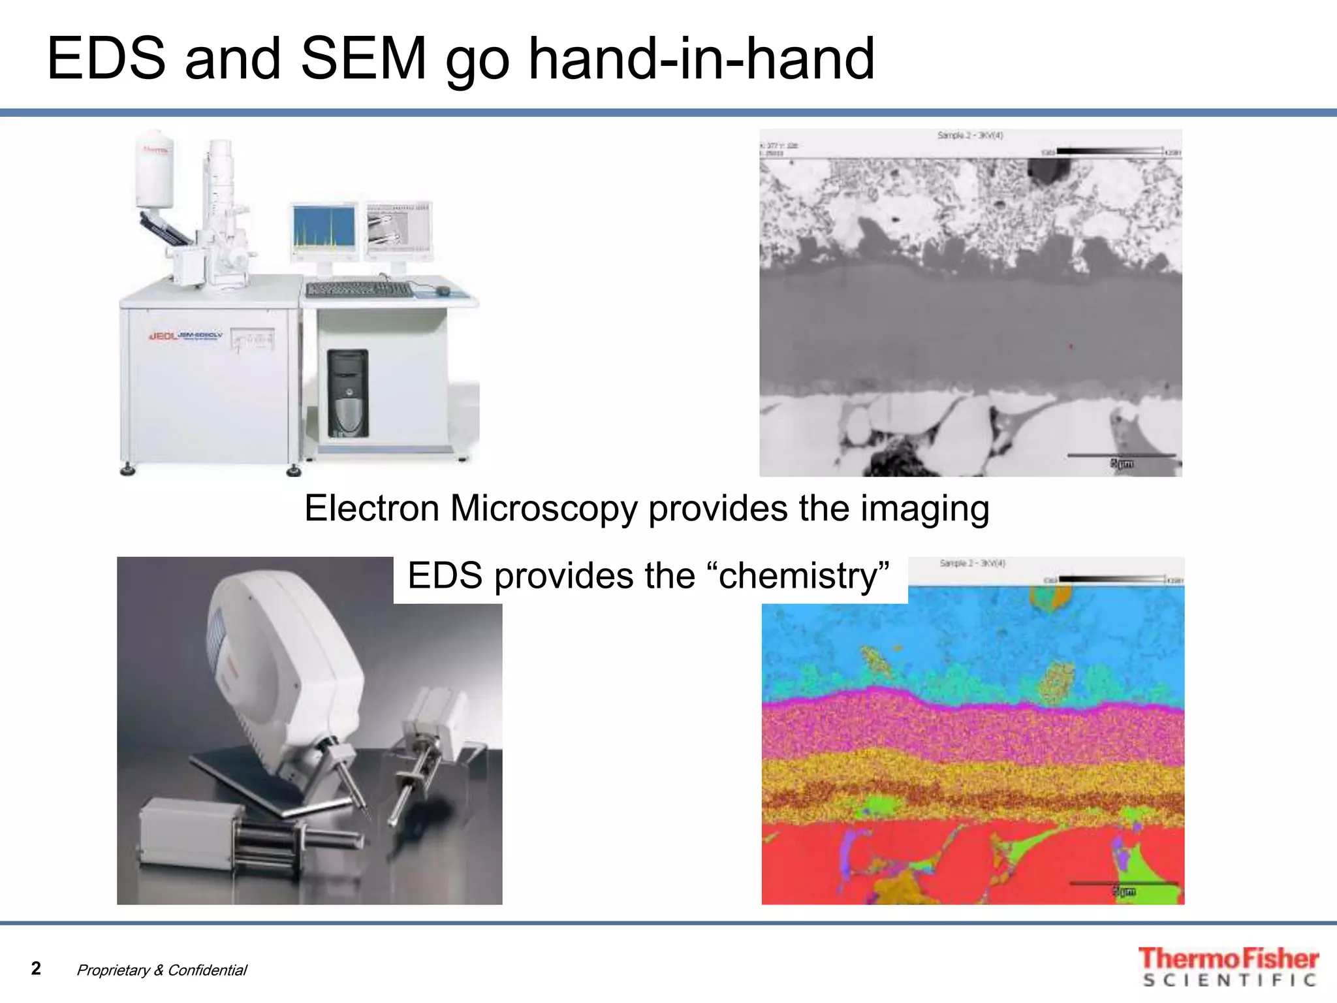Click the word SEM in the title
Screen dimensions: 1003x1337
tap(363, 59)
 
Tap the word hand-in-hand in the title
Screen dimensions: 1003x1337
tap(701, 59)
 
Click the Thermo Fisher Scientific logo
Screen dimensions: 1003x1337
tap(1228, 966)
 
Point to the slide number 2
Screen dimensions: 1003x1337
tap(36, 968)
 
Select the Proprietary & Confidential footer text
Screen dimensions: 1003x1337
tap(161, 970)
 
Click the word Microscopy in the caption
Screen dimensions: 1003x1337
tap(543, 509)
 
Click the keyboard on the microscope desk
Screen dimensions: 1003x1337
tap(359, 289)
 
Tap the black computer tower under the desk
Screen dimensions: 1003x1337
tap(347, 393)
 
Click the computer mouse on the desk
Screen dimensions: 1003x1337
tap(443, 290)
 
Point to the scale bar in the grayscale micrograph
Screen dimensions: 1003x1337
tap(1121, 456)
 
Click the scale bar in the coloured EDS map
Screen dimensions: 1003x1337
tap(1123, 884)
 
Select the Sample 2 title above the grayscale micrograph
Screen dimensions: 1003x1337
tap(970, 135)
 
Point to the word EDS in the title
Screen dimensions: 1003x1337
tap(106, 59)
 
